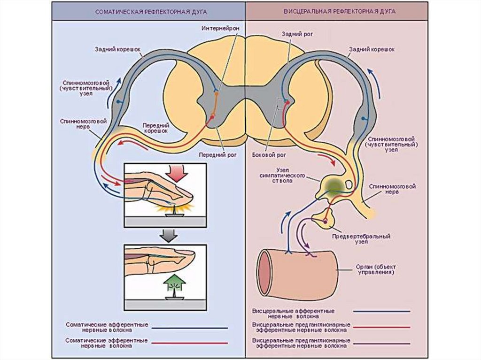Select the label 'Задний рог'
click(x=294, y=34)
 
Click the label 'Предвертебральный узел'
click(x=361, y=239)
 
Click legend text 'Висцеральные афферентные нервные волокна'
click(x=293, y=314)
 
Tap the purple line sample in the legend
click(x=383, y=343)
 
